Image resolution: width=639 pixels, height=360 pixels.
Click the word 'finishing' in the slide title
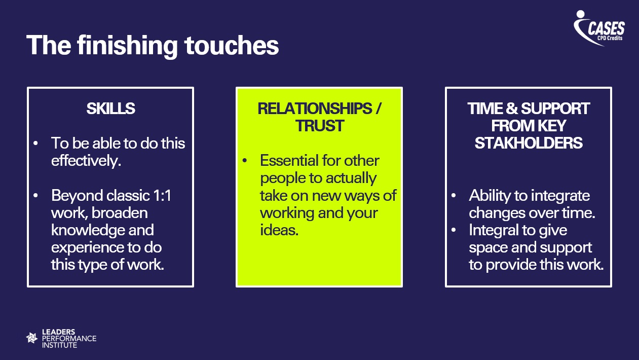click(127, 46)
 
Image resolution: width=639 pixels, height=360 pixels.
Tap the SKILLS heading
click(110, 109)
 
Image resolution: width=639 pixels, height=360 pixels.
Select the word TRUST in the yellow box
click(319, 126)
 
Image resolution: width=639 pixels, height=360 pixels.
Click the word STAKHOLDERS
click(529, 143)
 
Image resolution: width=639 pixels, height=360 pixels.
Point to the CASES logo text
click(606, 28)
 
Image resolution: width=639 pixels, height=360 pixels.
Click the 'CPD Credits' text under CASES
click(610, 38)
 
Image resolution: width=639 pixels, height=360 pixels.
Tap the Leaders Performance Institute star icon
click(31, 338)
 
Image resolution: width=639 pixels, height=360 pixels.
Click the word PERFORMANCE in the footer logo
click(69, 339)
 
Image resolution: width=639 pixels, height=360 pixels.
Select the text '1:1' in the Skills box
click(162, 196)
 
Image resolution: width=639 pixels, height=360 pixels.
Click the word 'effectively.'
click(86, 160)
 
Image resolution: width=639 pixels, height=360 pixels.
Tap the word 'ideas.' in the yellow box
click(279, 230)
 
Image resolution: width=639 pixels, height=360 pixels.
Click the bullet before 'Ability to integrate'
click(454, 196)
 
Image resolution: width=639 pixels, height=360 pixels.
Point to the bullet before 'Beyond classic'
click(35, 196)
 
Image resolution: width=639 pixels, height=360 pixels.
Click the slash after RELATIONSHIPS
click(378, 109)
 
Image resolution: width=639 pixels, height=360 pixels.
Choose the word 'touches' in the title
click(232, 46)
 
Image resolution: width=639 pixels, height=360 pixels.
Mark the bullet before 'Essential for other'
click(244, 160)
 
